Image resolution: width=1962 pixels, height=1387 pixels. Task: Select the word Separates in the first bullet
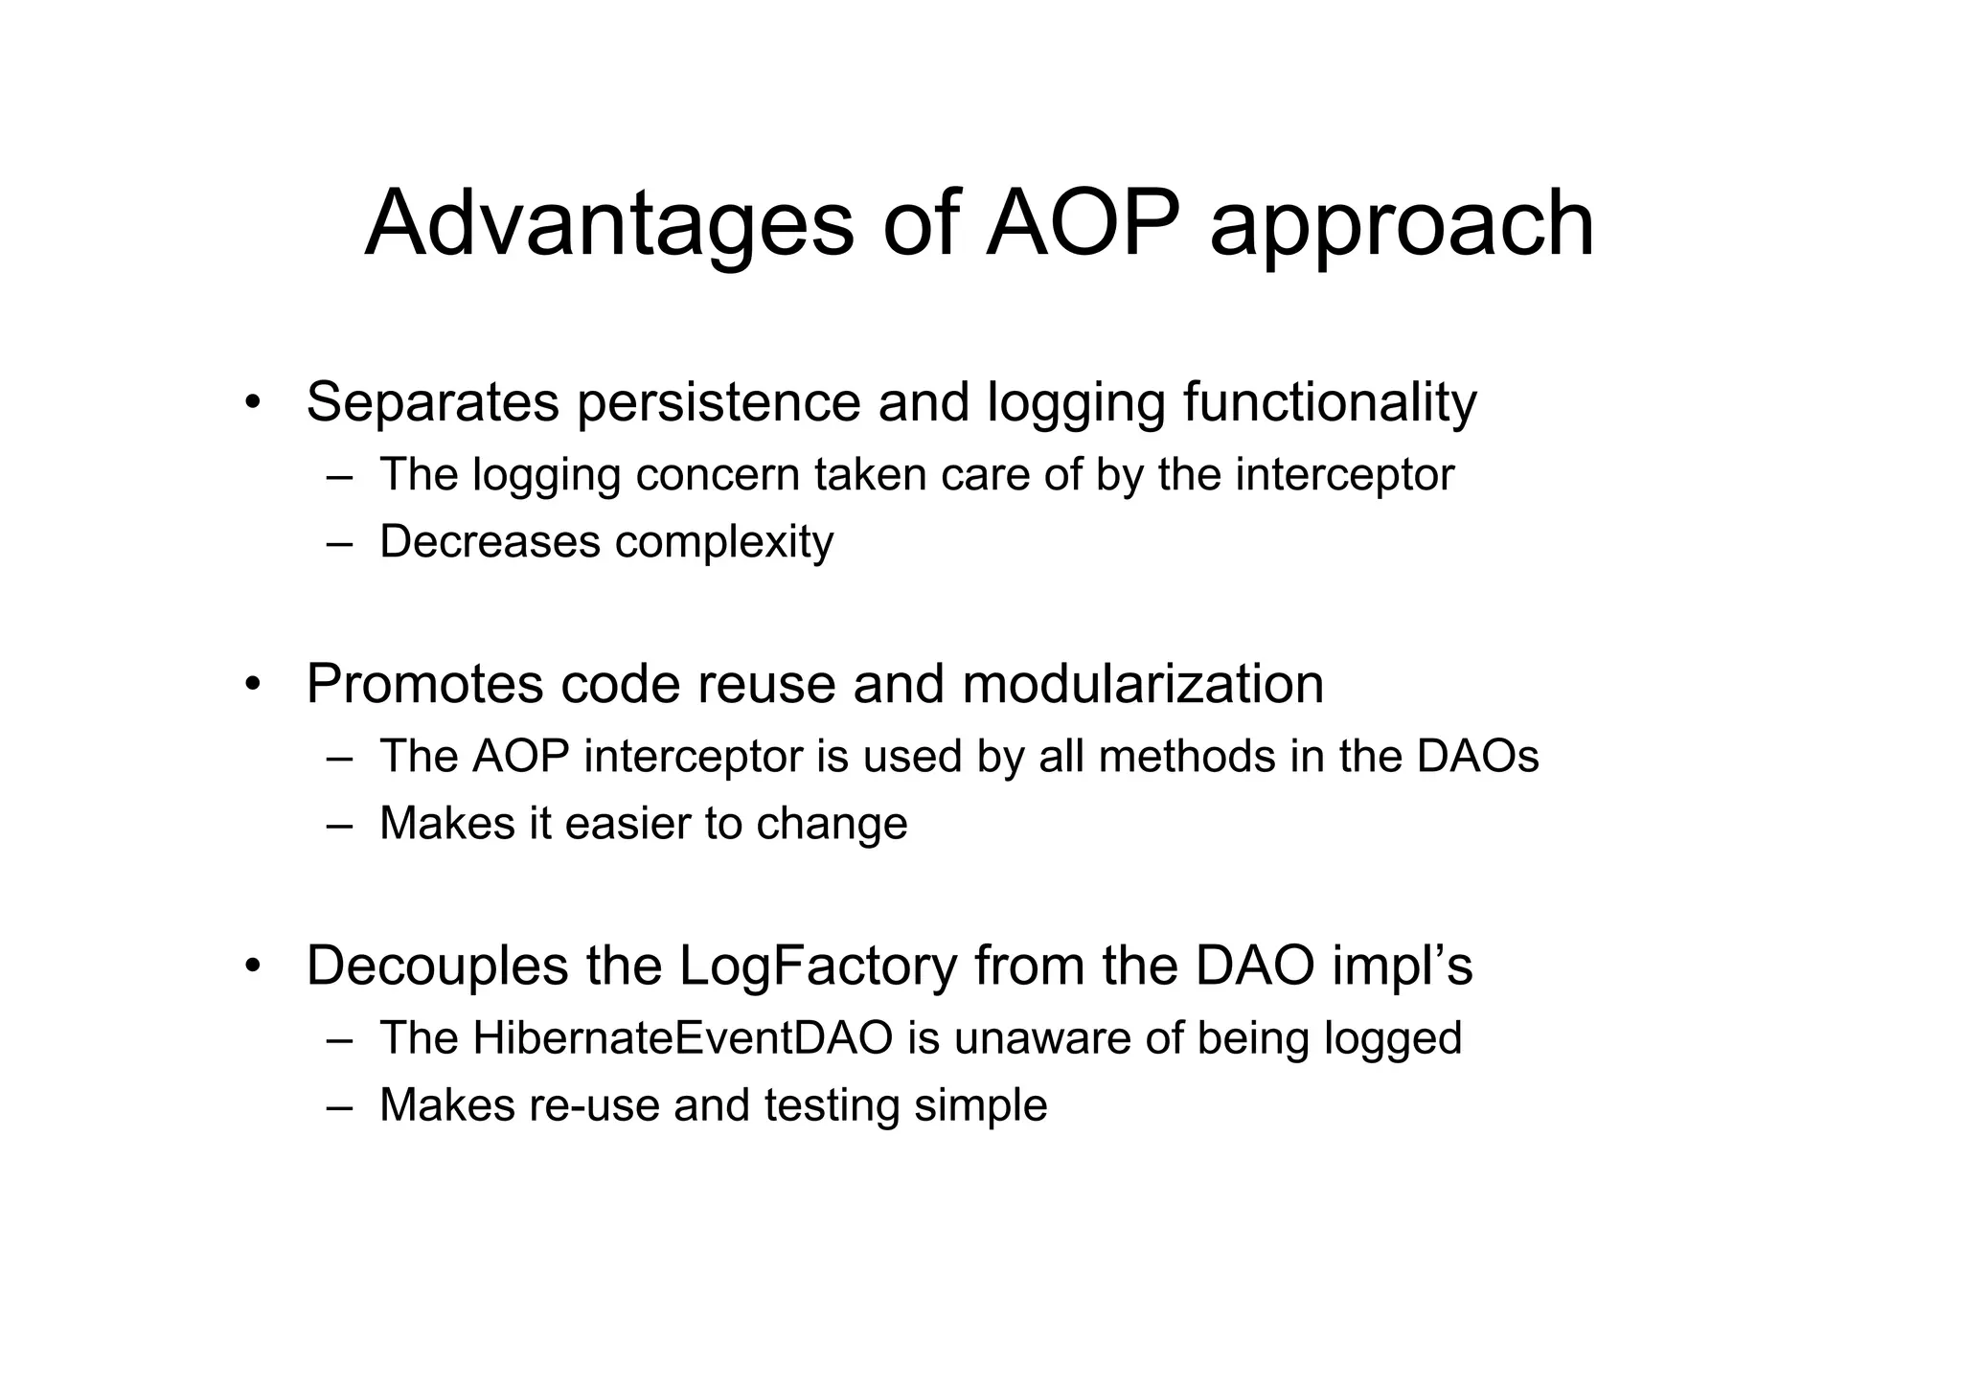pyautogui.click(x=432, y=402)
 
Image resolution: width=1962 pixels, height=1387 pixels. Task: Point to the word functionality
pyautogui.click(x=1330, y=402)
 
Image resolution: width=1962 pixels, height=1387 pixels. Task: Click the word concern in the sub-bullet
pyautogui.click(x=717, y=475)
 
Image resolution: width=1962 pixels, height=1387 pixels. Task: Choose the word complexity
pyautogui.click(x=724, y=543)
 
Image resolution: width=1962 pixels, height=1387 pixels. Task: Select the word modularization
pyautogui.click(x=1142, y=684)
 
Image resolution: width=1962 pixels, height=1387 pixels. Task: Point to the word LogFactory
pyautogui.click(x=818, y=966)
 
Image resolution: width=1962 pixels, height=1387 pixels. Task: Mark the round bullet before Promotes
pyautogui.click(x=252, y=685)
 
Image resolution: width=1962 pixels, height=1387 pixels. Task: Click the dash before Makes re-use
pyautogui.click(x=339, y=1106)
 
